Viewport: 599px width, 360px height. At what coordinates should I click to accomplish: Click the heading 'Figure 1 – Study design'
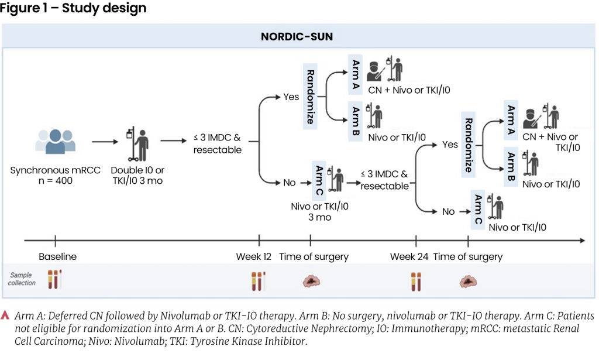(x=73, y=9)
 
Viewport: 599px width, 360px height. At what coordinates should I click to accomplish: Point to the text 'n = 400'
(x=56, y=181)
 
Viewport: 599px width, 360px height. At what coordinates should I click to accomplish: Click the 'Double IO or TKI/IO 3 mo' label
(x=138, y=176)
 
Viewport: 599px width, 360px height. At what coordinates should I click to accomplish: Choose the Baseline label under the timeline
(x=57, y=256)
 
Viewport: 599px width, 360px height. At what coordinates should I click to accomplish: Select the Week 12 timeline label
(x=254, y=256)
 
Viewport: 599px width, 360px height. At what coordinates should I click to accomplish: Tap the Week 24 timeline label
(x=409, y=256)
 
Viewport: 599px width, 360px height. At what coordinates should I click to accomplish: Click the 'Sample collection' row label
(x=22, y=279)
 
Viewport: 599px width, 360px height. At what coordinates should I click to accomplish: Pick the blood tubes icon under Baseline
(x=54, y=279)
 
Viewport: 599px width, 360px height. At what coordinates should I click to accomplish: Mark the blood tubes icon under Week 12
(x=258, y=280)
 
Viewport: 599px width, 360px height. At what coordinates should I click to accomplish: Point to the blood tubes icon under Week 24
(x=416, y=281)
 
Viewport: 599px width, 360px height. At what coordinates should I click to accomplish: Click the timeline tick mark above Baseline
(x=55, y=240)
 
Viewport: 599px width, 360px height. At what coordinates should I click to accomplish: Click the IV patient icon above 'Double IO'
(x=137, y=142)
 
